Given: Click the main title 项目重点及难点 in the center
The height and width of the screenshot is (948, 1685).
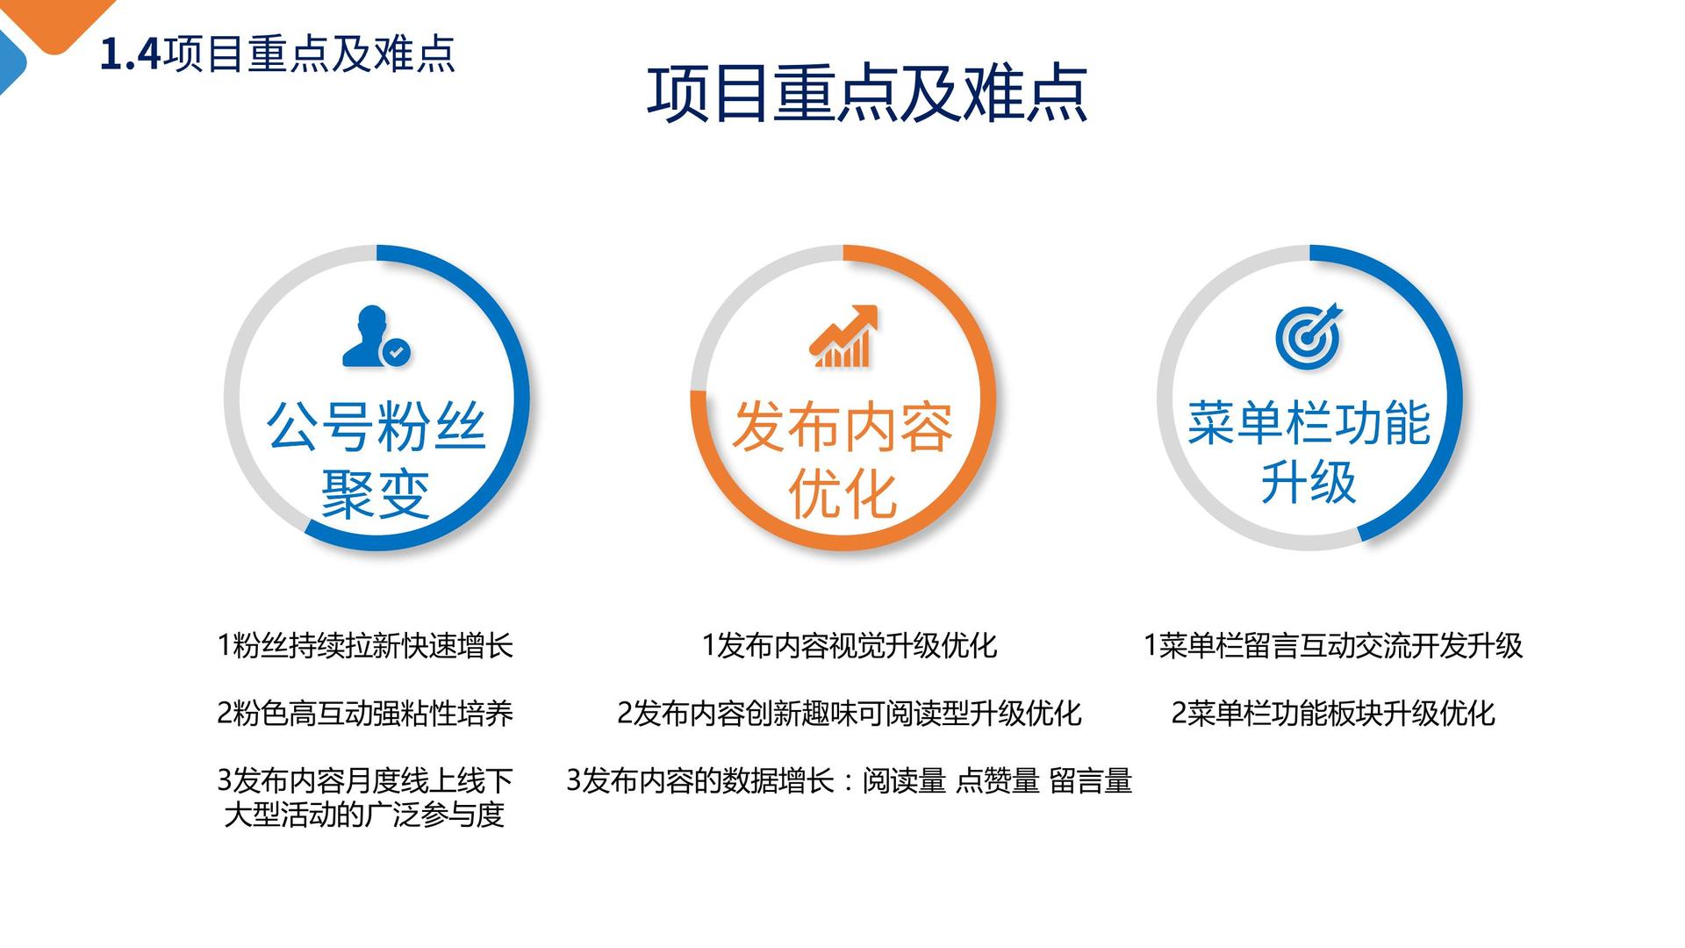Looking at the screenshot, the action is point(867,93).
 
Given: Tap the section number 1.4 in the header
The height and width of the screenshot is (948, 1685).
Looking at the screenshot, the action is point(131,54).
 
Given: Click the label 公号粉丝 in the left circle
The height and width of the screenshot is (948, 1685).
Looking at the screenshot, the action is point(376,427).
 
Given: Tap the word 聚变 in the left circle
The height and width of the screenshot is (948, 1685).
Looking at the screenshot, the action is point(376,494).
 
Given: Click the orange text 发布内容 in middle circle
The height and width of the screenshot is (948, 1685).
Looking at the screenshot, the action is point(842,427).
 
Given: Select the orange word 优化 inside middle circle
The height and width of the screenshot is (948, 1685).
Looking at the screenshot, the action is point(842,494).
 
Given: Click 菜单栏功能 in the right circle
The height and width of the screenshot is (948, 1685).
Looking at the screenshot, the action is point(1309,423).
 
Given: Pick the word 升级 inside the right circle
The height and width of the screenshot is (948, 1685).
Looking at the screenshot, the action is point(1309,482).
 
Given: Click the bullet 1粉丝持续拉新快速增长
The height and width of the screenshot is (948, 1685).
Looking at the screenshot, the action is point(365,646).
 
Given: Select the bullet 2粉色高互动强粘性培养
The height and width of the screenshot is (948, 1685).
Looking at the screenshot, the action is point(365,713).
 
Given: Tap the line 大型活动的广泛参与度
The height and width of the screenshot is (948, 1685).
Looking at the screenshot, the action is point(364,815).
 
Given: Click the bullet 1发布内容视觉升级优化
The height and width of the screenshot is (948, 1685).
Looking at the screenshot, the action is point(850,646).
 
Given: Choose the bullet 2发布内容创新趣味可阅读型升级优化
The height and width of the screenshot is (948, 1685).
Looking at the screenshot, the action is point(850,713).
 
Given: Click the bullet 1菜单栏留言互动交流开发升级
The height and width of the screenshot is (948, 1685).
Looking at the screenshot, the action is point(1333,646).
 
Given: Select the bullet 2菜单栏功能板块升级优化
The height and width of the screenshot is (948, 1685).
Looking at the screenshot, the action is point(1333,713).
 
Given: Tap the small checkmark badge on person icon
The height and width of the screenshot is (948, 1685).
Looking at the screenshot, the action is point(398,353).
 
